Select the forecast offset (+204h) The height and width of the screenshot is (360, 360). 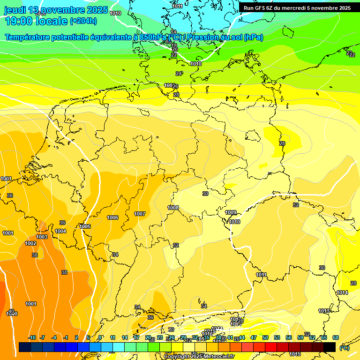pos(83,21)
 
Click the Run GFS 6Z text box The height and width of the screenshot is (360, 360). pos(297,8)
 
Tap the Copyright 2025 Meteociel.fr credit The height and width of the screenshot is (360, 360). pos(199,356)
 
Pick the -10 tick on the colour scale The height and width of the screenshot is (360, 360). pos(32,337)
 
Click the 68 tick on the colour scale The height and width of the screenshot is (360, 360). pos(336,337)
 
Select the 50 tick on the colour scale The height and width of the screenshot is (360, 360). pos(265,337)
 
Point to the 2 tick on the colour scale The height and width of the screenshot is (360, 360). pos(76,337)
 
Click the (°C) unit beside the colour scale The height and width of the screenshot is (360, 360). pos(345,348)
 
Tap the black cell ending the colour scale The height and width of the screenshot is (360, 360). pos(330,347)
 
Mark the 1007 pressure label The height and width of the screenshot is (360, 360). pos(140,214)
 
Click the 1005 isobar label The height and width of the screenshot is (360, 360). pos(85,226)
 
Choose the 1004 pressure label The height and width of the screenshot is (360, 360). pos(60,231)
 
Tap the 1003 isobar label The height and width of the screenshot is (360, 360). pos(42,237)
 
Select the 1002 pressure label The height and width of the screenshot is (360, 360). pos(30,243)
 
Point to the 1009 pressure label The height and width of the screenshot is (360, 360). pos(231,212)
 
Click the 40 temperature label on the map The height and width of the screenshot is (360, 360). pos(11,311)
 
